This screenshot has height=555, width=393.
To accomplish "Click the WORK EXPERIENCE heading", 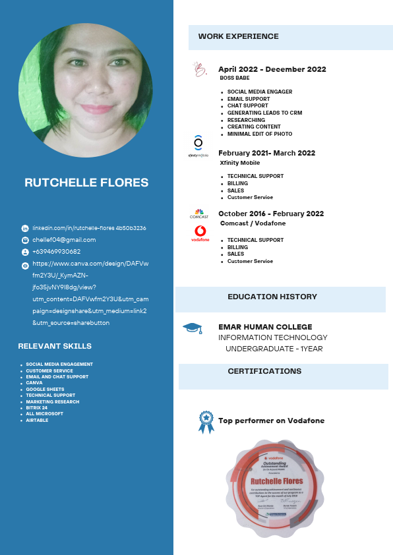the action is (x=238, y=36).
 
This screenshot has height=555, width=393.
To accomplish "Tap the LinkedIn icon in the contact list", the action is (x=25, y=228).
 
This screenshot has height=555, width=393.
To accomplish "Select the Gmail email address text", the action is (x=64, y=240).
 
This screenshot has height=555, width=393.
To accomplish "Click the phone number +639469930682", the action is (x=56, y=252).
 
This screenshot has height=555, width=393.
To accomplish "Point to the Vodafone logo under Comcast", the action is (x=200, y=233).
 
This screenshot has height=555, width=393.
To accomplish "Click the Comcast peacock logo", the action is (x=199, y=212).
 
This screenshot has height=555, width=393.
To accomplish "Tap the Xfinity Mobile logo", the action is (x=198, y=145).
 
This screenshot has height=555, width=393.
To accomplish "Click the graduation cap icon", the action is (x=192, y=328).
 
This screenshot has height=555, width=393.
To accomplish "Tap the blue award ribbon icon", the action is (x=206, y=422).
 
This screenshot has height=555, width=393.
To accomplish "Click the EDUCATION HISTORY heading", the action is (x=272, y=297).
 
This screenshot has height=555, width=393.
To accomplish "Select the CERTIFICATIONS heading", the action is (x=264, y=371).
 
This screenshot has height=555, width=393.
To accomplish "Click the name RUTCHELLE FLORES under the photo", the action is (x=86, y=183).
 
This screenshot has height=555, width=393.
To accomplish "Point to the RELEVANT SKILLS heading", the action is (x=55, y=346).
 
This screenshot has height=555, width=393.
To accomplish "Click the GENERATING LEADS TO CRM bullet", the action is (x=264, y=113).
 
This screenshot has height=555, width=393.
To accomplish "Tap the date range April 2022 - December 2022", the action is (x=272, y=69).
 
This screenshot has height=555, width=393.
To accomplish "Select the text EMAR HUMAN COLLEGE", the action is (x=265, y=327).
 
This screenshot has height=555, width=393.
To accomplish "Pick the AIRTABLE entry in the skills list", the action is (x=37, y=420).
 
